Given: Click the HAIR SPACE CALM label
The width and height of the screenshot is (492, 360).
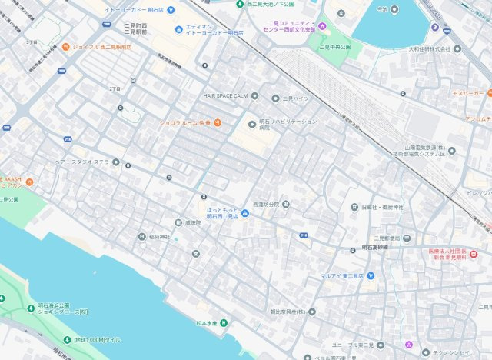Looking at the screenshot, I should pos(225,96).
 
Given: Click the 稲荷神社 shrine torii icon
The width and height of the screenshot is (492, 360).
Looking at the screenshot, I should pos(141,237).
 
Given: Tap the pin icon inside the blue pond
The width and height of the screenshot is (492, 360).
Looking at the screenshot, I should pos(394,9).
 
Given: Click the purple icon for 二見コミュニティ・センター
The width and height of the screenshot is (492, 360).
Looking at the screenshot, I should pos(323,28).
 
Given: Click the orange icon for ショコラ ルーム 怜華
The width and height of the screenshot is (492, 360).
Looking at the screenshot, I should pos(218,122).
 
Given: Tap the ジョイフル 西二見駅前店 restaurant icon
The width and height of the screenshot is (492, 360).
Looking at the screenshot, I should pos(66,47).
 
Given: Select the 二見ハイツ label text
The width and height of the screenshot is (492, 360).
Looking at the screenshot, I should pos(297,98).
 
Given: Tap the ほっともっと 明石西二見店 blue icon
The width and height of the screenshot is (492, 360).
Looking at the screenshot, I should pos(245,212).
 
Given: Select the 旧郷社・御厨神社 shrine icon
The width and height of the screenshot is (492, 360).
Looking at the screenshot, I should pos(354,207).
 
